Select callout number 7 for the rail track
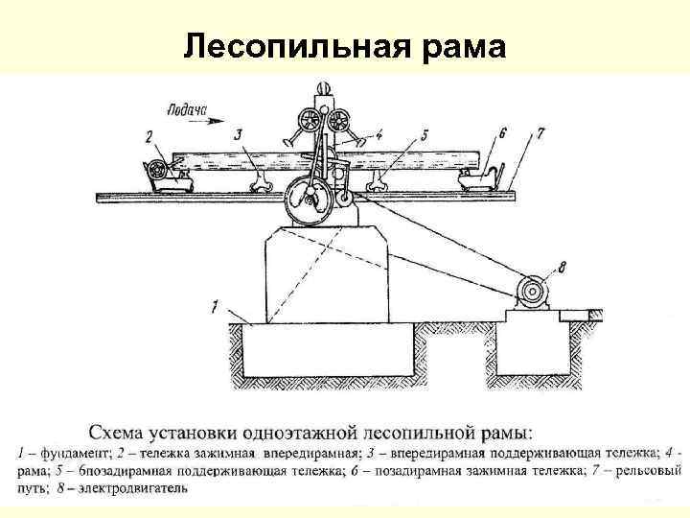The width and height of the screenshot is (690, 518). click(x=540, y=134)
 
